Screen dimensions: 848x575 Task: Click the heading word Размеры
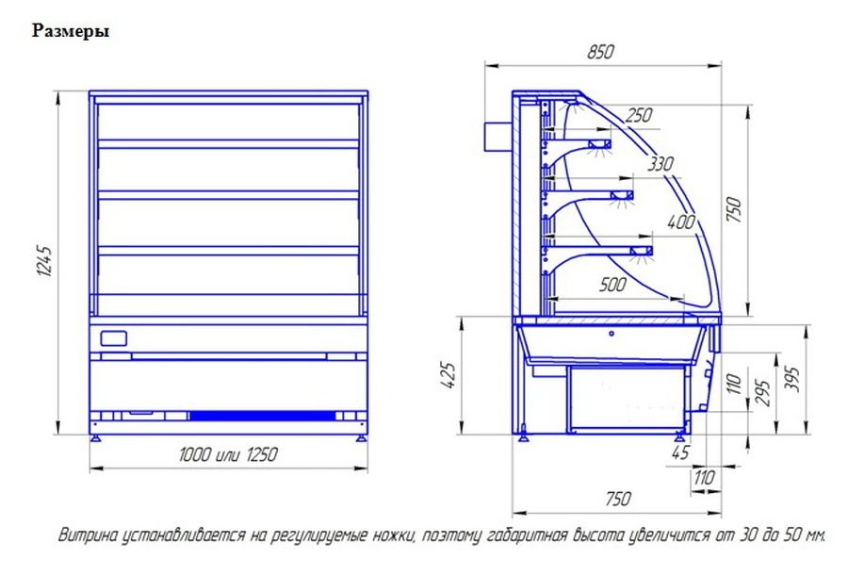pos(71,31)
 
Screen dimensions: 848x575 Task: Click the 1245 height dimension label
pos(45,261)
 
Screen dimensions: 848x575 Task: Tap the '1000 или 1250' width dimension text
pos(228,453)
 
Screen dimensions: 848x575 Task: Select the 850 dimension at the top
pos(600,52)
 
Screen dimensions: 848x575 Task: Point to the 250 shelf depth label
pos(639,115)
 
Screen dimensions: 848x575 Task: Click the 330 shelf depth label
pos(660,163)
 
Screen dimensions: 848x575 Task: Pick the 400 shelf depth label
pos(680,222)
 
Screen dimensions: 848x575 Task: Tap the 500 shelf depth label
pos(612,285)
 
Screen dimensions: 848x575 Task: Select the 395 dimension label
pos(791,379)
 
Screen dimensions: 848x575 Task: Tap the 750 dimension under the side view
pos(618,499)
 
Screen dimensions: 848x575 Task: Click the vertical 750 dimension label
pos(734,209)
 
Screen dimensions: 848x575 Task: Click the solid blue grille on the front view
pos(262,416)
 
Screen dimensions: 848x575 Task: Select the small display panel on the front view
pos(114,338)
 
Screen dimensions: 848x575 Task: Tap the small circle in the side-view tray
pos(612,333)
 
